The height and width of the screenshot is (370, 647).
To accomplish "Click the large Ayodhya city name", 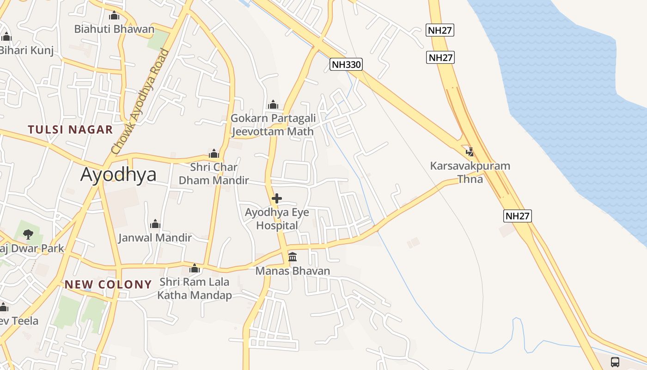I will (x=118, y=174).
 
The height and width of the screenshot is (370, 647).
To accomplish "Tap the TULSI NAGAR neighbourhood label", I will (x=70, y=129).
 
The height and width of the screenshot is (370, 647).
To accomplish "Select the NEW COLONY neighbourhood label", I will (x=108, y=284).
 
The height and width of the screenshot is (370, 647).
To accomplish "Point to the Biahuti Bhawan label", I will (x=114, y=29).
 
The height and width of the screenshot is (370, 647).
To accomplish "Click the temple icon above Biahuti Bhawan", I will (x=114, y=16).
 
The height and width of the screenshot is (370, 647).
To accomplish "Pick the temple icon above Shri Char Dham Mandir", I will (x=214, y=154).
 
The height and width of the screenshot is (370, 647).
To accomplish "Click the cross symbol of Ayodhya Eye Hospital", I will (x=277, y=198).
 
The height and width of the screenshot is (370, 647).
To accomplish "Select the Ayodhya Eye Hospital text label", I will (x=277, y=219).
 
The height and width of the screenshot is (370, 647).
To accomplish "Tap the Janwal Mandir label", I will (x=155, y=238).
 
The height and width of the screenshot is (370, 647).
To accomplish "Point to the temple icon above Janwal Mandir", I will (x=155, y=224).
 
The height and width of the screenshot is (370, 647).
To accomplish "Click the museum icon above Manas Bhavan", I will (x=293, y=257).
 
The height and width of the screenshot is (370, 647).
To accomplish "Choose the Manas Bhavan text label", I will (x=293, y=271).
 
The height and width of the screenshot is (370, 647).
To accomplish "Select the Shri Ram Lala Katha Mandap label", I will (x=195, y=288).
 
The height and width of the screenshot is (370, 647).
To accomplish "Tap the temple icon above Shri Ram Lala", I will (x=195, y=268).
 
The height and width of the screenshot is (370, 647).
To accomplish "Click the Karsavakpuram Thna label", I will (x=470, y=172).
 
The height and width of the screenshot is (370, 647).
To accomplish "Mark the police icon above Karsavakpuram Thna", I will (x=470, y=152).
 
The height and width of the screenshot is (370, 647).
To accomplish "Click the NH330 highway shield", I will (x=346, y=64).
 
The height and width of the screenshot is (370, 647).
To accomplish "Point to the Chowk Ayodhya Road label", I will (x=140, y=102).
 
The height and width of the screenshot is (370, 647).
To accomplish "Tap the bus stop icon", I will (x=615, y=362).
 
